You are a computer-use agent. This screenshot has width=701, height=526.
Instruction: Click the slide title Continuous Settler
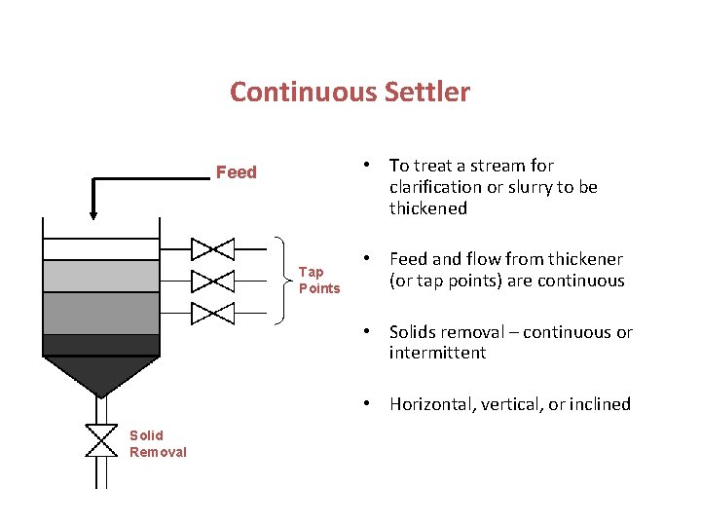350,93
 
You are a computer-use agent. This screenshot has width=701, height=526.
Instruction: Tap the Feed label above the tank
237,172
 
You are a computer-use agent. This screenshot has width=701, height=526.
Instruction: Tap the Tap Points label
319,281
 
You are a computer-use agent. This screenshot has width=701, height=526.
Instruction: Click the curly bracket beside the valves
283,281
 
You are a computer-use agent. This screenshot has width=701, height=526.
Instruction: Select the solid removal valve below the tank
100,440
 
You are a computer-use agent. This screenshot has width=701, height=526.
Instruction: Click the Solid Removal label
158,443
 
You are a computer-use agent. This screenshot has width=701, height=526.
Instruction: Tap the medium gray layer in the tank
100,314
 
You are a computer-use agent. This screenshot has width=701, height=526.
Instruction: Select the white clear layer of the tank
100,248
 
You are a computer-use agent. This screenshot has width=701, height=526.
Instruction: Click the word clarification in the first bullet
435,187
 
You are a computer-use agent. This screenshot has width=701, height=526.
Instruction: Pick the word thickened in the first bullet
428,208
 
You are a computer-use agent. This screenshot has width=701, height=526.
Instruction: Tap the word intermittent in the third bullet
437,353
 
